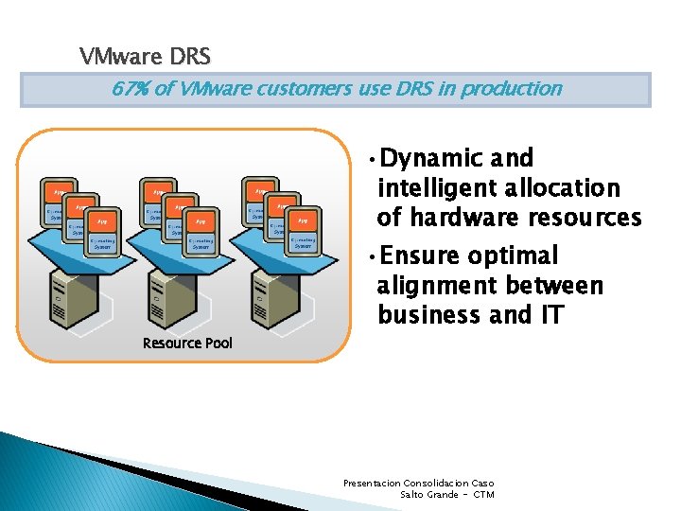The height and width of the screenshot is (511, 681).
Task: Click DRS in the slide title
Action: point(190,57)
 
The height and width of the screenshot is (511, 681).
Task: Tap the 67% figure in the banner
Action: point(129,89)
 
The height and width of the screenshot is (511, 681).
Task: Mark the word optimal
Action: point(515,255)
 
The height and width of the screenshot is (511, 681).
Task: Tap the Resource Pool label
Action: point(186,343)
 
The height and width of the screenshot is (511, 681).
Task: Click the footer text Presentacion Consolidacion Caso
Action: point(418,484)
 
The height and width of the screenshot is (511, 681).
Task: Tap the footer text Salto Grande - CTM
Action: point(447,494)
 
